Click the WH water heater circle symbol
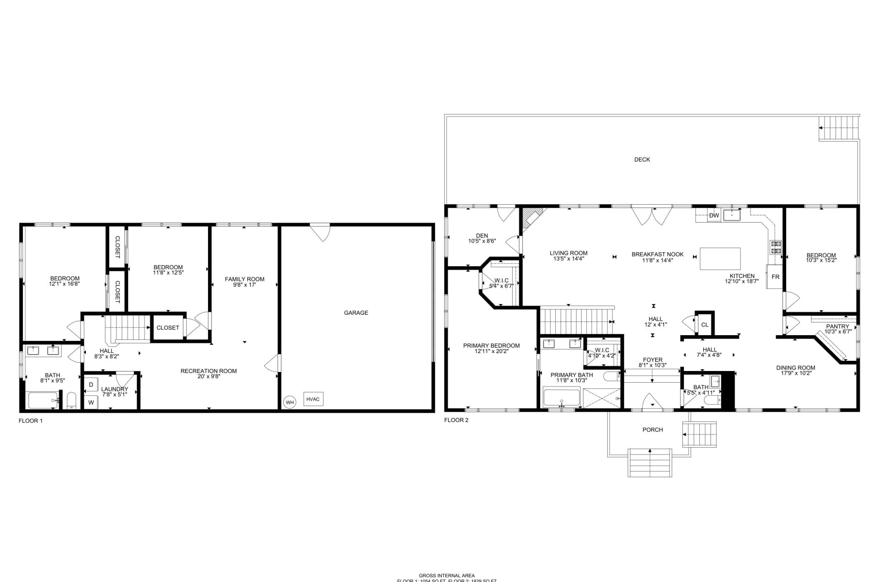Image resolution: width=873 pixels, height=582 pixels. click(290, 402)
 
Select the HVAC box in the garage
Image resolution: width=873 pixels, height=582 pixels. click(313, 399)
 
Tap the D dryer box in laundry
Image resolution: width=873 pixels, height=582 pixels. click(91, 385)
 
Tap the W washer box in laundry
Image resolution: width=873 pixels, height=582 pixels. click(91, 402)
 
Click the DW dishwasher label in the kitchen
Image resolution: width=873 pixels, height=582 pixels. click(714, 215)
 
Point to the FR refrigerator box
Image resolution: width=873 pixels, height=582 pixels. click(775, 277)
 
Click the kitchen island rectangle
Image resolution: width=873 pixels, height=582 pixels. click(720, 259)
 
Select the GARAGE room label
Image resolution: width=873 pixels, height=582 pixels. click(356, 313)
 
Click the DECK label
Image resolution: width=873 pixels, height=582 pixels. click(642, 160)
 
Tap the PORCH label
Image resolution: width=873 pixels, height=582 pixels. click(652, 430)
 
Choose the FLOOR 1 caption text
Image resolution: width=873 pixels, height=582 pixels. click(31, 421)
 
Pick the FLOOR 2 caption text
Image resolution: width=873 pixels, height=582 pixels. click(456, 420)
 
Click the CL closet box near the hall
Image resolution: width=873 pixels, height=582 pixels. click(705, 324)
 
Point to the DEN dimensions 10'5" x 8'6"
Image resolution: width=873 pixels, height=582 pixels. click(482, 241)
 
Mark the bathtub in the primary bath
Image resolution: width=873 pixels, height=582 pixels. click(562, 398)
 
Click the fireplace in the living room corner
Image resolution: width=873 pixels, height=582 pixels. click(532, 216)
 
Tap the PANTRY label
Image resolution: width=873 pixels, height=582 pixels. click(838, 326)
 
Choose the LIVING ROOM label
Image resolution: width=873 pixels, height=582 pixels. click(568, 253)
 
